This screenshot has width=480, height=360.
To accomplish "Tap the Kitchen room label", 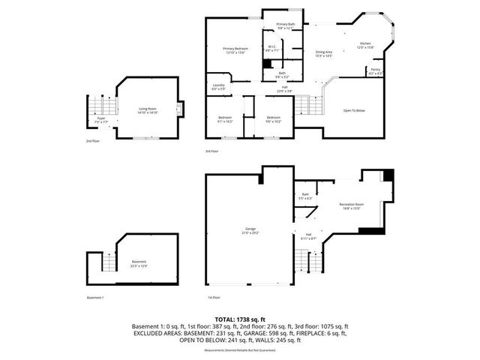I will click(365, 45).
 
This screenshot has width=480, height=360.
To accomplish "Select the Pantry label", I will click(375, 72).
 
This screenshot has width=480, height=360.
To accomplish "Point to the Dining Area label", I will click(324, 52).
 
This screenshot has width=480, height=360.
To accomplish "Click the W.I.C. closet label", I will click(272, 48).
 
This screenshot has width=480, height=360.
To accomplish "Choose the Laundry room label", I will click(219, 86).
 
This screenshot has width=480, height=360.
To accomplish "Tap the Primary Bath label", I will click(286, 26).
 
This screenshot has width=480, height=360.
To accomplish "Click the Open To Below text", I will click(354, 110).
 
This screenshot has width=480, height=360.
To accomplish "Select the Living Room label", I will click(147, 110).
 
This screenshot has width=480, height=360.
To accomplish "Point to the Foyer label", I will click(100, 119).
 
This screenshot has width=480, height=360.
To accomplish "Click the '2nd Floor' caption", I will click(93, 140).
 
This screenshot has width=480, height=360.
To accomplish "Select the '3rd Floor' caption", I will click(212, 151).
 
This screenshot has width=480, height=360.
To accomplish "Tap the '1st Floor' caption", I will click(213, 297).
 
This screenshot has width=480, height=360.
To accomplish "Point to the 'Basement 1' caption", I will click(95, 297).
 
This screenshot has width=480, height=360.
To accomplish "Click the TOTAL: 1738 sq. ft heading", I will click(240, 319).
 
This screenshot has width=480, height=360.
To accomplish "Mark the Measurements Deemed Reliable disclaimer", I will click(240, 348).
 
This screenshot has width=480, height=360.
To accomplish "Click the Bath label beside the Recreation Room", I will click(305, 196).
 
